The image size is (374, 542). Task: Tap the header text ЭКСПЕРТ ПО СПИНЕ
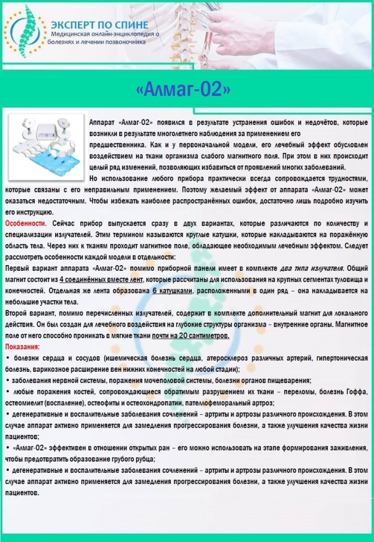coord(99,25)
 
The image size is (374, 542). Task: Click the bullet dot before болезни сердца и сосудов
coord(7,358)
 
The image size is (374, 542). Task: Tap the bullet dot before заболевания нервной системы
coord(7,380)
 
